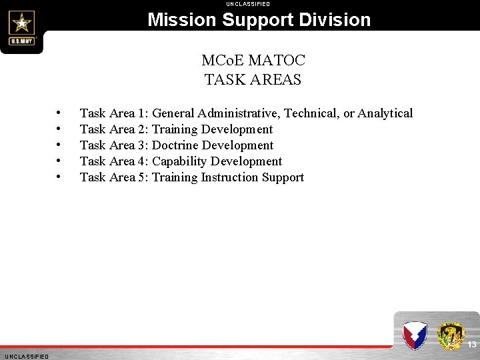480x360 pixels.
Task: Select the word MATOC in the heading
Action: [x=276, y=61]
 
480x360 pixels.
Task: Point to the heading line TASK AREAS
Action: [x=253, y=80]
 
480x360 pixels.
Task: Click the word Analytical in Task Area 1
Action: [x=385, y=113]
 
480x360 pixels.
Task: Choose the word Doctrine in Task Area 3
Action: [x=175, y=145]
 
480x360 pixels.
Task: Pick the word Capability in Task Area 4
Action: [x=180, y=161]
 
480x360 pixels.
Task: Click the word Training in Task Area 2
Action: [x=175, y=129]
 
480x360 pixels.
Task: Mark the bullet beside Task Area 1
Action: [x=59, y=113]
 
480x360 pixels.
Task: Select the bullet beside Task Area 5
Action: [x=59, y=177]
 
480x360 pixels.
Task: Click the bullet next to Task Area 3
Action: [x=59, y=145]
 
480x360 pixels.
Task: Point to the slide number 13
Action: [x=471, y=345]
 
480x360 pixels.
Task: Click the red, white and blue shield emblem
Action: [x=414, y=335]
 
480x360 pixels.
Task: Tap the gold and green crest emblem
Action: [x=451, y=335]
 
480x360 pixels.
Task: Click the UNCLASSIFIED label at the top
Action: [x=248, y=4]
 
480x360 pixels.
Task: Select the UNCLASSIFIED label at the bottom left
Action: [x=26, y=357]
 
